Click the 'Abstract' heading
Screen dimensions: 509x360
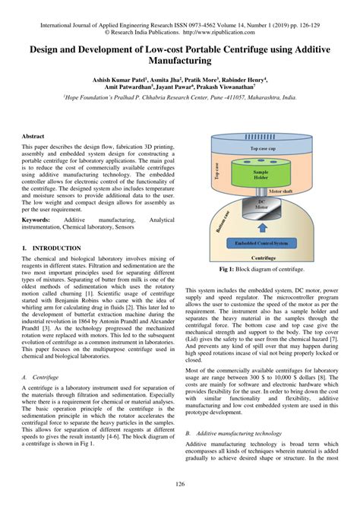pos(34,135)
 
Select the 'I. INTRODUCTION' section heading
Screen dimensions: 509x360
pos(52,248)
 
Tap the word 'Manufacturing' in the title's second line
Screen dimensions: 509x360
pos(180,58)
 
